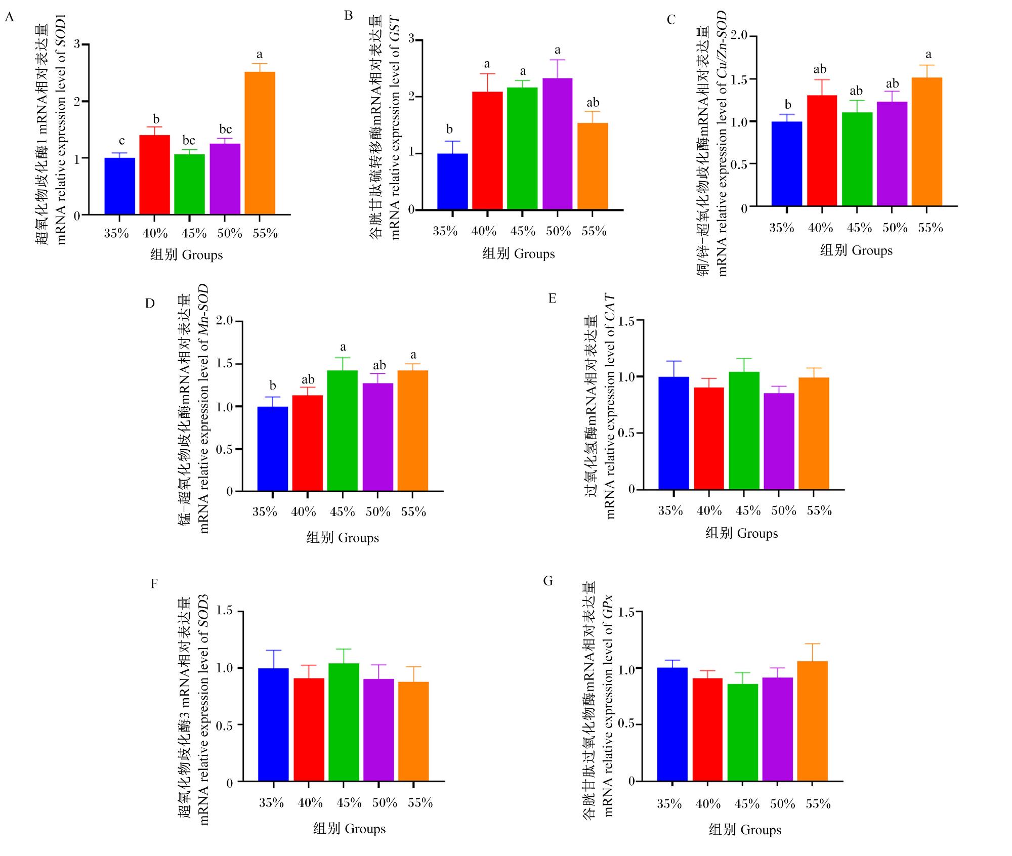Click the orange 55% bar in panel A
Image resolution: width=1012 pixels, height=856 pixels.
260,143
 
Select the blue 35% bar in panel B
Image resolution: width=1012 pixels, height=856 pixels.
452,182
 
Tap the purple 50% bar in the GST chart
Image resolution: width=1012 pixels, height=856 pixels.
558,144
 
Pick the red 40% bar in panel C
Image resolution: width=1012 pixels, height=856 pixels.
822,151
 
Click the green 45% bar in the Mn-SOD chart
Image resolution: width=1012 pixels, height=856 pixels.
343,431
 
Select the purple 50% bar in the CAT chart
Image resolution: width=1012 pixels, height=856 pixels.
779,441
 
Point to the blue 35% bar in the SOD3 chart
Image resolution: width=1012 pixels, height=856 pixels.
273,725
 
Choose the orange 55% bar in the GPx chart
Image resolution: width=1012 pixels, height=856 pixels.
813,721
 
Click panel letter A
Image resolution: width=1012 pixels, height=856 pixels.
9,18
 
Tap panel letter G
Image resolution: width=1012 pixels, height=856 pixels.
548,581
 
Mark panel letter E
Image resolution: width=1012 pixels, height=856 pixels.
553,298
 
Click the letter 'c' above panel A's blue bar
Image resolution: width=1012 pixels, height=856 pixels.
121,141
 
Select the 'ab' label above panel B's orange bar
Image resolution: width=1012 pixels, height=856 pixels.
593,103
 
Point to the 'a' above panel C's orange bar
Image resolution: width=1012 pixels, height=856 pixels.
928,55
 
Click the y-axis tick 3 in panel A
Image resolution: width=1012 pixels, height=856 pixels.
77,44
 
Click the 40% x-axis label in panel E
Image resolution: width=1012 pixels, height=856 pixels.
709,510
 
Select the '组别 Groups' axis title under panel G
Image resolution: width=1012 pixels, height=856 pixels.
745,830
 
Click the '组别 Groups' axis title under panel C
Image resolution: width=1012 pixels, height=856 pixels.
856,250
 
